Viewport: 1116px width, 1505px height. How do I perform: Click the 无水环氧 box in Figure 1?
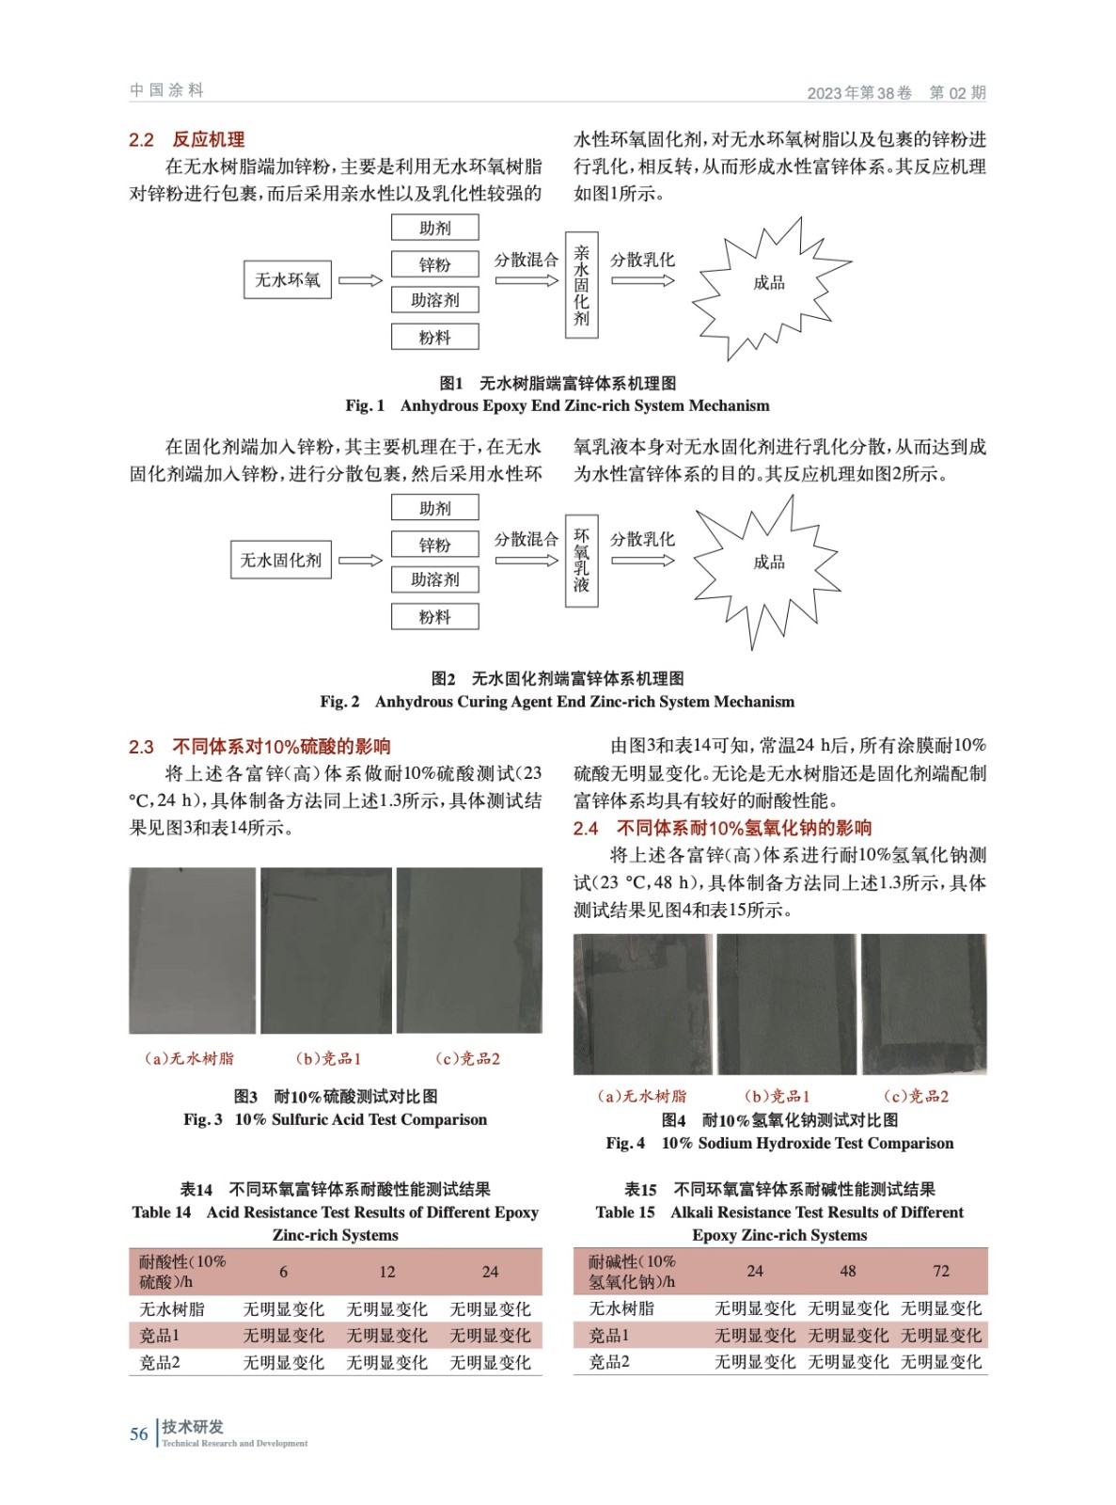click(287, 280)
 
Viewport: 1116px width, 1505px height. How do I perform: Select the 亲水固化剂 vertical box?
click(581, 285)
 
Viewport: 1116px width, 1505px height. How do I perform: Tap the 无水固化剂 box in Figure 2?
click(280, 560)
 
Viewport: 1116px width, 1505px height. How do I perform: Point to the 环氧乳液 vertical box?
click(581, 561)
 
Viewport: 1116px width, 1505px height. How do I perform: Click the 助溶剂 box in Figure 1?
click(434, 300)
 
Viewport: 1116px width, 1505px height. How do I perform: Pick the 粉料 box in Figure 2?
click(434, 617)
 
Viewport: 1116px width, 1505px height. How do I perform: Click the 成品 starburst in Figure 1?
click(769, 283)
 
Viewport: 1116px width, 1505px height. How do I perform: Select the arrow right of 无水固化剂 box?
click(360, 561)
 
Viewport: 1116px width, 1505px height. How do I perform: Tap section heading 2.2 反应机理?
click(186, 140)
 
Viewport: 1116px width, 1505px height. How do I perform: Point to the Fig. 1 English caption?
click(557, 406)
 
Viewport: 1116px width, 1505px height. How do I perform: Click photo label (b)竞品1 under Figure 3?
click(328, 1059)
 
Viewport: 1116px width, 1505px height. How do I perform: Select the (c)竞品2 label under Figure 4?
click(916, 1097)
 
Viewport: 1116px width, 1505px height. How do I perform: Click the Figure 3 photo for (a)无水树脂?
click(192, 950)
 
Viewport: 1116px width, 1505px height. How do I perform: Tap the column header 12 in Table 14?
click(387, 1272)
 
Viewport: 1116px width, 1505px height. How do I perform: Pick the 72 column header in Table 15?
click(941, 1271)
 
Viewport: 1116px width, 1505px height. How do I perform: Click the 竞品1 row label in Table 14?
click(160, 1336)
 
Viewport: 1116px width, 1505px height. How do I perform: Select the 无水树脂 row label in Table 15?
click(621, 1308)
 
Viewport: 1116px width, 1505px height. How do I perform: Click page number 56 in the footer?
click(139, 1434)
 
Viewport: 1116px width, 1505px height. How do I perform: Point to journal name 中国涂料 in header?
click(166, 90)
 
